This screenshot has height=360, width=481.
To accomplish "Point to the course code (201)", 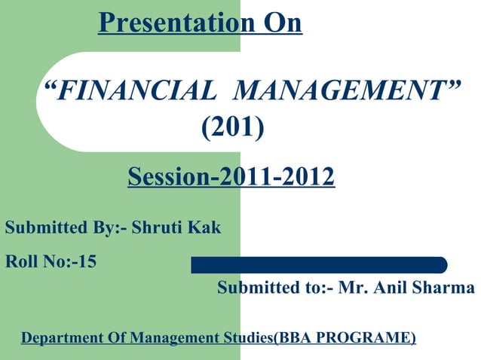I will (232, 130).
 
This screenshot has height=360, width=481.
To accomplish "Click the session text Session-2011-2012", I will (231, 178).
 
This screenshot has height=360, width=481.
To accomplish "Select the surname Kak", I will (206, 227).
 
